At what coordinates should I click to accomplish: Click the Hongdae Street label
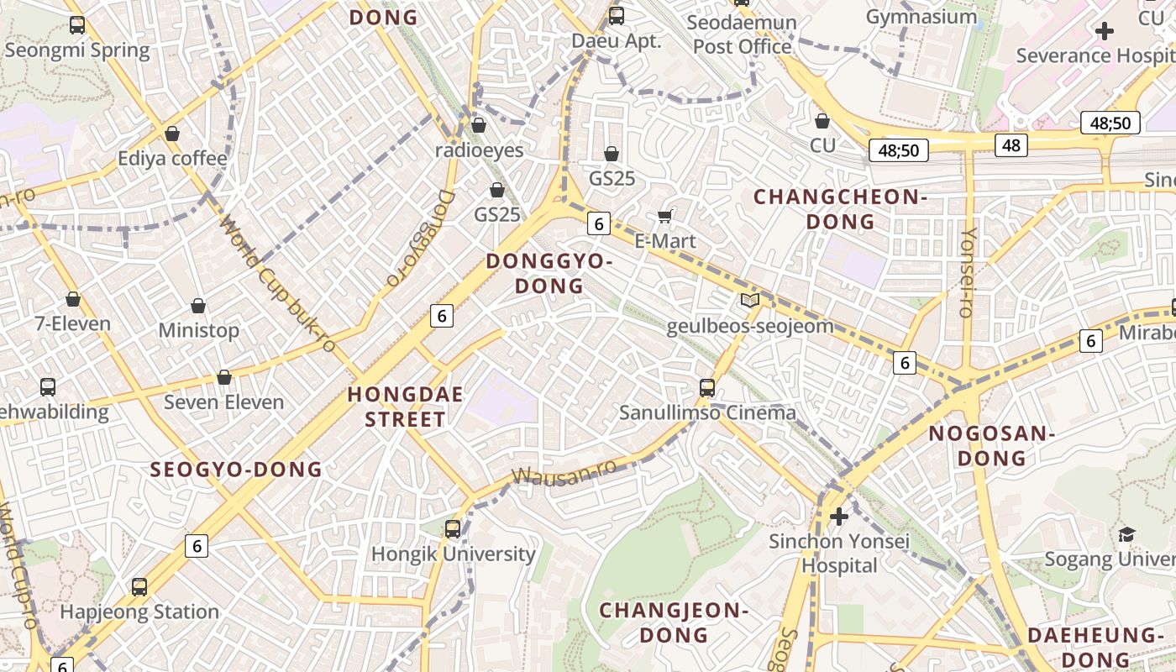coord(396,406)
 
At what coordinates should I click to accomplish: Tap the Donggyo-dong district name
coord(549,273)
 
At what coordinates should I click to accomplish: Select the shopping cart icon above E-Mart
coord(665,217)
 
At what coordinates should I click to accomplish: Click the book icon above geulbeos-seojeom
coord(749,301)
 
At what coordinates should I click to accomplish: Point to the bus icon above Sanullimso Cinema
coord(707,387)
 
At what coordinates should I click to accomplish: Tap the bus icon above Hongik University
coord(453,528)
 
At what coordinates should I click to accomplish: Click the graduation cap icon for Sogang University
coord(1126,534)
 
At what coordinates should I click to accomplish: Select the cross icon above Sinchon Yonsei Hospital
coord(838,516)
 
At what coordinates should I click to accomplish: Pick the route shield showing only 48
coord(1011,145)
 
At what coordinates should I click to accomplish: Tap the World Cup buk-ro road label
coord(278,284)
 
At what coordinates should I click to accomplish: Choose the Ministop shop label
coord(199,330)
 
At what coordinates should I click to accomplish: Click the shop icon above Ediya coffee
coord(172,134)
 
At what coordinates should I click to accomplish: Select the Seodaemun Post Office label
coord(742,34)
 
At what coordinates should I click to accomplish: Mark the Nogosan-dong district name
coord(991,446)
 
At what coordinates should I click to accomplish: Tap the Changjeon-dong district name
coord(673,622)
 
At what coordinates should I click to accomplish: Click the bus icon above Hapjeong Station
coord(139,586)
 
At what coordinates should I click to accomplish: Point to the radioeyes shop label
coord(479,150)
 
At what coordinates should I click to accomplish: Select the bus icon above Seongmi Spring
coord(77,24)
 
